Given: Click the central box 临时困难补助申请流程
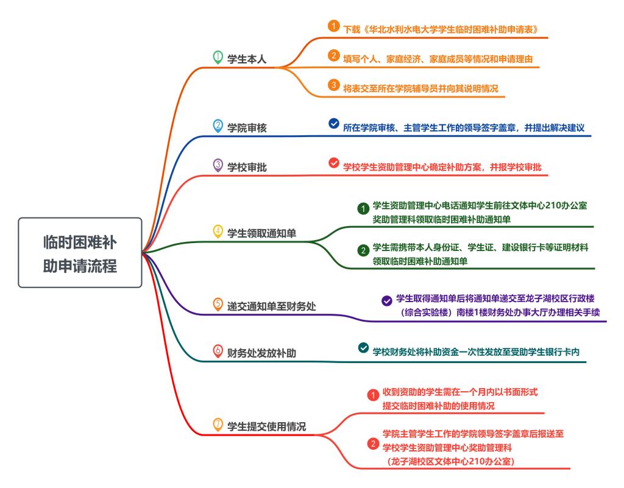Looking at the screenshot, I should (80, 253).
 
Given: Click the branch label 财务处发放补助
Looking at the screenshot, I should (261, 352).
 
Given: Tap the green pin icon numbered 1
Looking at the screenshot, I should (218, 57).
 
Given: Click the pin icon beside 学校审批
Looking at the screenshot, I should (218, 164).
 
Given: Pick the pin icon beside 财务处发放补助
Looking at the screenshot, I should (218, 350).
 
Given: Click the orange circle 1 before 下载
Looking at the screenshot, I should (333, 26).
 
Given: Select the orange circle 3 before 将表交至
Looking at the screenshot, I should (333, 85).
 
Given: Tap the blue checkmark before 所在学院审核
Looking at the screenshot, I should (333, 123).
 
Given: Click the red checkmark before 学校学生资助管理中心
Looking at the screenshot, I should (333, 163).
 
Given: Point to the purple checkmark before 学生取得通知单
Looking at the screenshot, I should (386, 300).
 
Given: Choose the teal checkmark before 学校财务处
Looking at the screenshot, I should (363, 348).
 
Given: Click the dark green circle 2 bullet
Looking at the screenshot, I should (363, 250).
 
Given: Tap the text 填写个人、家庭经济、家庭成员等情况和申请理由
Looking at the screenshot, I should (439, 58).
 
